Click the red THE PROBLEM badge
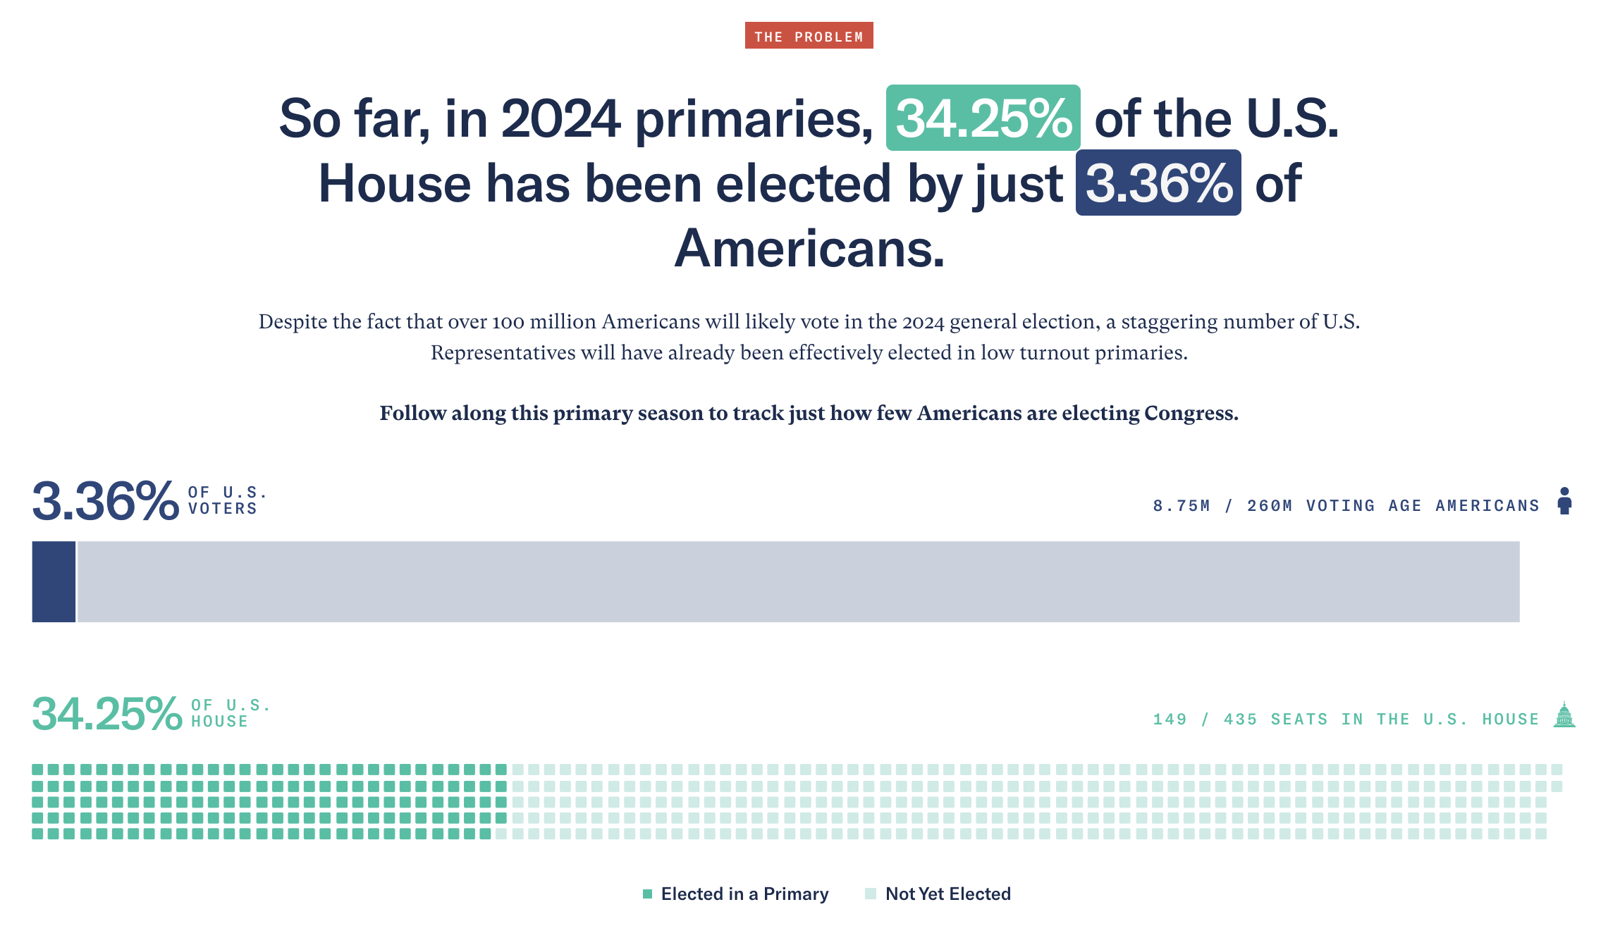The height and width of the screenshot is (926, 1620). pyautogui.click(x=809, y=36)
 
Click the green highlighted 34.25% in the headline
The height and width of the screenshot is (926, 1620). pyautogui.click(x=983, y=118)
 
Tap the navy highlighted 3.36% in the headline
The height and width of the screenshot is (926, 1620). pyautogui.click(x=1158, y=183)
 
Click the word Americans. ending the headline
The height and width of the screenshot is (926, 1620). pyautogui.click(x=809, y=249)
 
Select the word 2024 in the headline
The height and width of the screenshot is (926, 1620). pyautogui.click(x=560, y=118)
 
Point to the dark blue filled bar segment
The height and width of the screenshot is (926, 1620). pyautogui.click(x=54, y=581)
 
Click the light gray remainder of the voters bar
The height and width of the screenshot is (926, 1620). pyautogui.click(x=797, y=581)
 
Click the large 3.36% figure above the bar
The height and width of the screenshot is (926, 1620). pyautogui.click(x=105, y=501)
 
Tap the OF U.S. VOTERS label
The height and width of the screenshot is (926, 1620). pyautogui.click(x=226, y=500)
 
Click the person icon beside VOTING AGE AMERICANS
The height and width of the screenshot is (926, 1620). pyautogui.click(x=1564, y=501)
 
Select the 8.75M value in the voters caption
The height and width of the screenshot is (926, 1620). pyautogui.click(x=1181, y=506)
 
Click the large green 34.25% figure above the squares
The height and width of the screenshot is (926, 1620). pyautogui.click(x=106, y=714)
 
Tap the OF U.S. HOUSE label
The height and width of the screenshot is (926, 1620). pyautogui.click(x=229, y=713)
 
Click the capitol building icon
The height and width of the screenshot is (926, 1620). pyautogui.click(x=1564, y=715)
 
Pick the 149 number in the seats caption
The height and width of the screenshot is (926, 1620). pyautogui.click(x=1170, y=720)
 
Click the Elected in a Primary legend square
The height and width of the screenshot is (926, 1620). pyautogui.click(x=647, y=894)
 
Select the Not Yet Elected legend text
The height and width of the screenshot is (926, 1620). pyautogui.click(x=947, y=894)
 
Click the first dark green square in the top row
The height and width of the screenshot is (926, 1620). pyautogui.click(x=37, y=770)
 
